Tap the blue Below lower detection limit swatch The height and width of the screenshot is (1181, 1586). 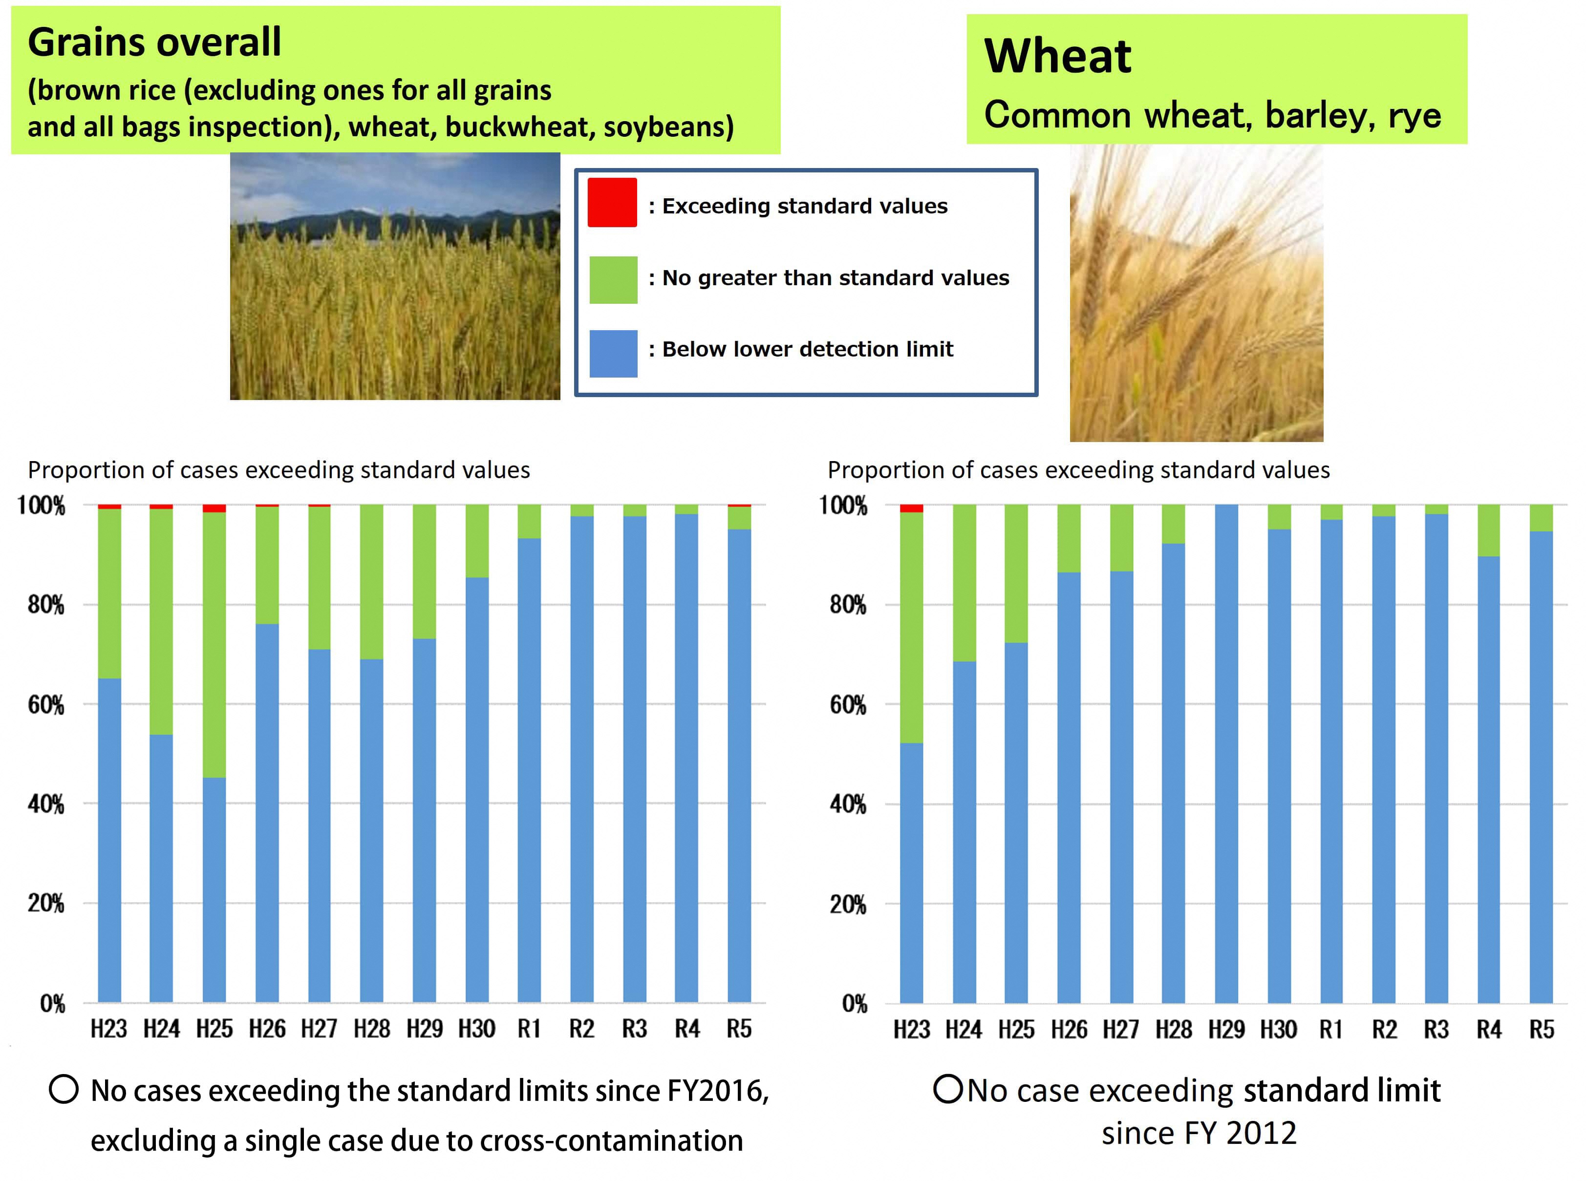(613, 353)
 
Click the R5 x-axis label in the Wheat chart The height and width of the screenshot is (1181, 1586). (1541, 1030)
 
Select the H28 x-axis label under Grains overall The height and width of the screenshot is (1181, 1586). (371, 1029)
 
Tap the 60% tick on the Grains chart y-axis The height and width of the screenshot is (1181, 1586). (46, 705)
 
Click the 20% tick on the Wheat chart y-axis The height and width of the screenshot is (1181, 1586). (847, 905)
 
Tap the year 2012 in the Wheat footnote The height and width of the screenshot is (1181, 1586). (1260, 1134)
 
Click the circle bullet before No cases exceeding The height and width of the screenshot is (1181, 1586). (64, 1090)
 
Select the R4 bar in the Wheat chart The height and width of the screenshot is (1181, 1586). (1488, 779)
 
